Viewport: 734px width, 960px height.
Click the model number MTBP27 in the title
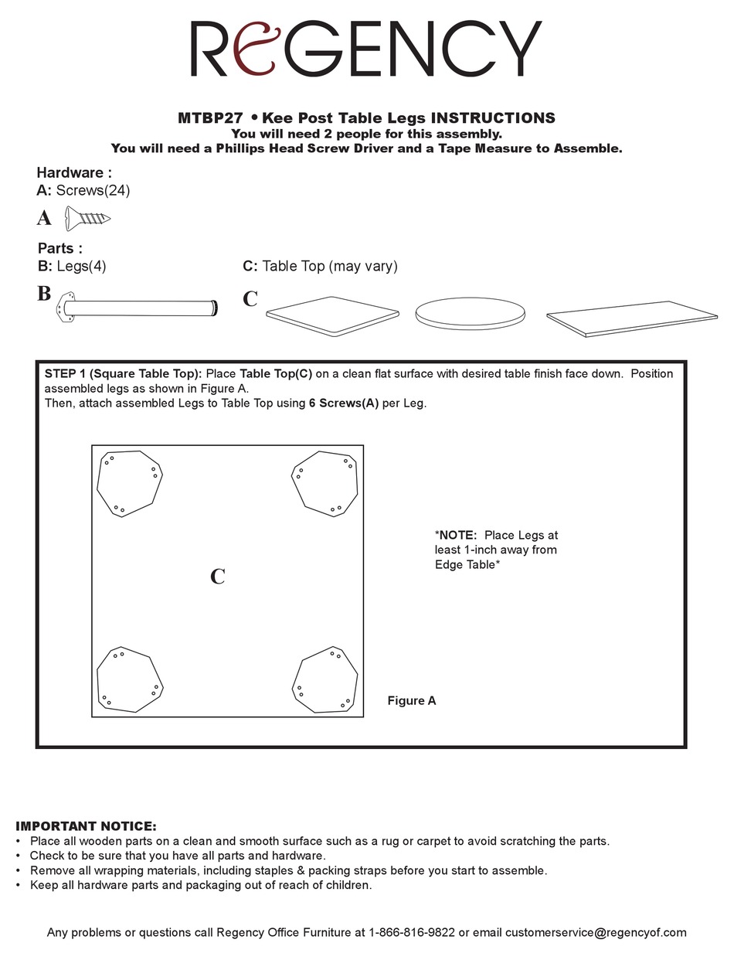(x=211, y=118)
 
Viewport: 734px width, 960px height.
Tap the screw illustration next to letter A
(x=87, y=218)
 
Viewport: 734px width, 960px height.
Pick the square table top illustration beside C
(x=332, y=311)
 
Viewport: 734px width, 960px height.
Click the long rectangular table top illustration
(x=631, y=318)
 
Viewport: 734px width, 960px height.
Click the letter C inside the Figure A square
(x=218, y=577)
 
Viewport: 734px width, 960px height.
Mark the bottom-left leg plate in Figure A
(x=129, y=679)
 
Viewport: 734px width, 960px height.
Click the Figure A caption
(x=412, y=701)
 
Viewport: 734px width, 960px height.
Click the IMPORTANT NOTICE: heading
(x=86, y=826)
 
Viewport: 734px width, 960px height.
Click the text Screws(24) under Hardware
(x=93, y=190)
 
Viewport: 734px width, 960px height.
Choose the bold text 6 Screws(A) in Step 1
(x=344, y=403)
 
